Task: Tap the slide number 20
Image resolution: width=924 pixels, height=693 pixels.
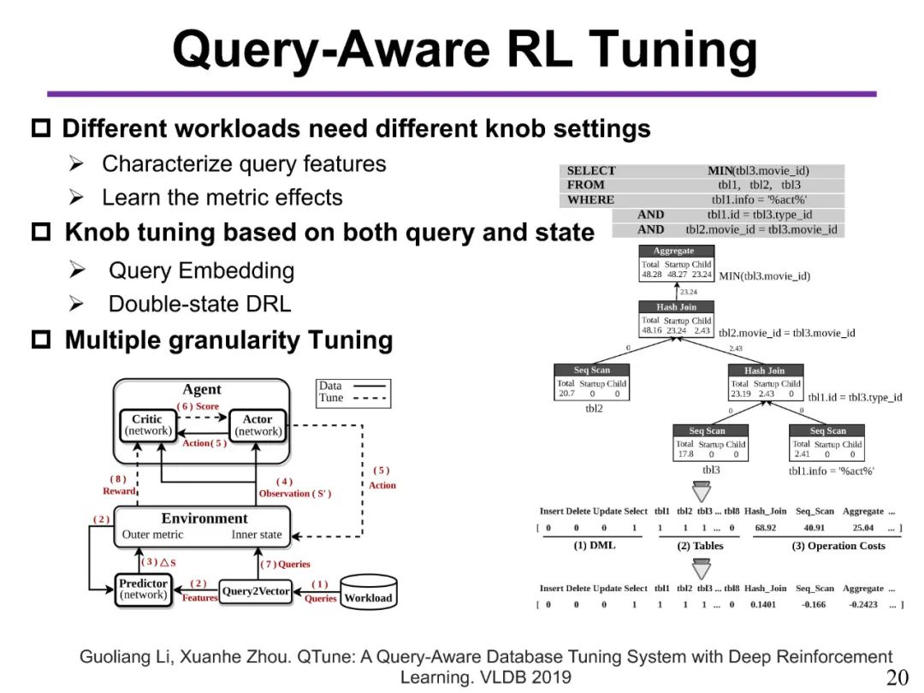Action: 897,678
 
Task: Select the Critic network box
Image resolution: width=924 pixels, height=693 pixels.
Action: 147,426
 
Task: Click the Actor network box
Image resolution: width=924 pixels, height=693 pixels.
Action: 257,426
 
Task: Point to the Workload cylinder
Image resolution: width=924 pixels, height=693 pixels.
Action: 367,590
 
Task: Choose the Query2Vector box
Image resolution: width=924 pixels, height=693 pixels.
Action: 256,591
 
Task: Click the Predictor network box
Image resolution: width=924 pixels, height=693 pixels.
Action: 144,589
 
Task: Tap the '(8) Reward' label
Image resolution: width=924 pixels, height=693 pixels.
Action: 119,485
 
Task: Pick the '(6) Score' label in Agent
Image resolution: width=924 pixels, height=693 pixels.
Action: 198,406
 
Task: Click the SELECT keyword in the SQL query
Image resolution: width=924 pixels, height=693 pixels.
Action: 591,171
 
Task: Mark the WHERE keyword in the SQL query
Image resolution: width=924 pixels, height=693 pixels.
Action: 590,200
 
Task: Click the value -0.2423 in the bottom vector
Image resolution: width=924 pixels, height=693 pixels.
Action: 862,604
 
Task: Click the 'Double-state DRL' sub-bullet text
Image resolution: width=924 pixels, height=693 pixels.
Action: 199,304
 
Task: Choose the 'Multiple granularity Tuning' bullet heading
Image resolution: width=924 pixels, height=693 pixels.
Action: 228,341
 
